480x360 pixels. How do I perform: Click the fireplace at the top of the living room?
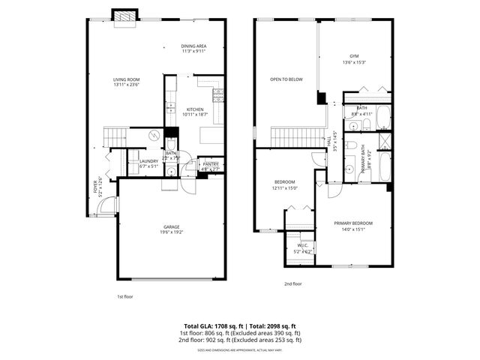tap(124, 16)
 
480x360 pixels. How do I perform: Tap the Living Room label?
tap(126, 82)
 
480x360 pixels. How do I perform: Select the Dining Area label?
tap(193, 49)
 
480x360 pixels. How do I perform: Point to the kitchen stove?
tap(219, 94)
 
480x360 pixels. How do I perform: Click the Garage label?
tap(172, 229)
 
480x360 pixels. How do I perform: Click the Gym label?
tap(355, 59)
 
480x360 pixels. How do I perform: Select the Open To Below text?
tap(286, 79)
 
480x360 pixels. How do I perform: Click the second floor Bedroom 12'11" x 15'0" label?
tap(284, 184)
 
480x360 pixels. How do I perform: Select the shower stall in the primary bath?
tap(384, 142)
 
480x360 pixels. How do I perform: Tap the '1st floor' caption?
tap(125, 296)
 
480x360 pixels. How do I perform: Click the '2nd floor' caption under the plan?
tap(292, 284)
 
